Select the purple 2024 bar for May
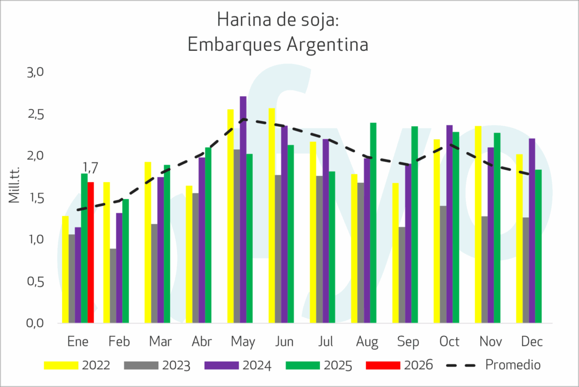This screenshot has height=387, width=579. point(243,209)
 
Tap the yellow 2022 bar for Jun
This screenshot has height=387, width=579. point(272,216)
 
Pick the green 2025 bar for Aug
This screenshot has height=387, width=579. point(373,223)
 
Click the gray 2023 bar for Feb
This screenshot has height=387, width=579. point(113,286)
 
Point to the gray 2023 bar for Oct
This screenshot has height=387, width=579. point(443,264)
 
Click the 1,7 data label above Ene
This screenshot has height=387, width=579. point(90,167)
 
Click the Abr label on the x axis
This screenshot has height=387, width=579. point(201,342)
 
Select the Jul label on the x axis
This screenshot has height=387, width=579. point(325,342)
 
